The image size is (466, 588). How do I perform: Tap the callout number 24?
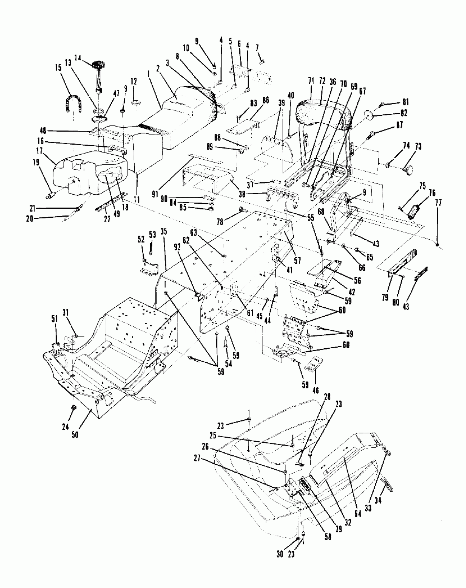[x=65, y=427]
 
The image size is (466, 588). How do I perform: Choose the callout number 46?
[x=316, y=390]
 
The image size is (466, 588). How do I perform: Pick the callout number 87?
[x=399, y=125]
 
